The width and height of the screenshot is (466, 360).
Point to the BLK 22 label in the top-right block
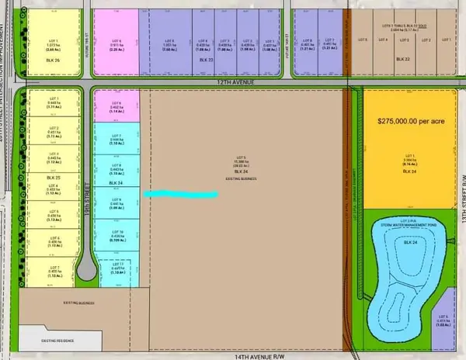[x=402, y=59]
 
